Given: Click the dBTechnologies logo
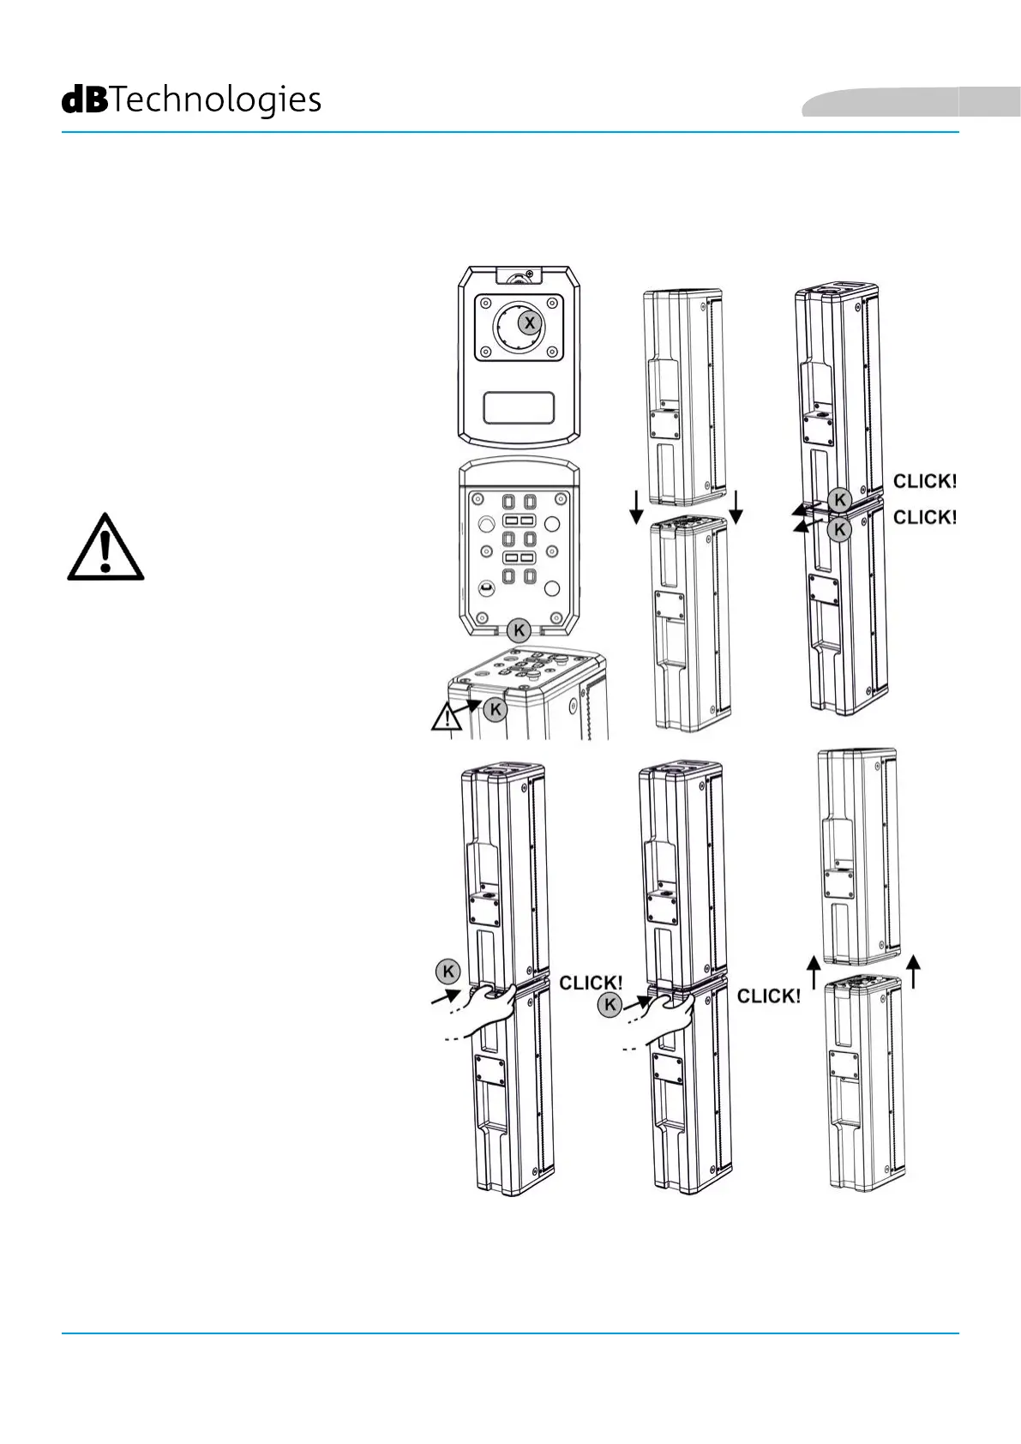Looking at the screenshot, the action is coord(191,101).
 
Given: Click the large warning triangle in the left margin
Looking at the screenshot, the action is coord(105,549).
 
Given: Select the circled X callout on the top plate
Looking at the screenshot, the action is coord(530,323).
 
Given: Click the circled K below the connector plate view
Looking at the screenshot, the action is coord(519,631).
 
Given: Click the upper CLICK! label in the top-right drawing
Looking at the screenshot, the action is coord(924,481).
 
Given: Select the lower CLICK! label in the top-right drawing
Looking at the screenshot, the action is coord(924,517).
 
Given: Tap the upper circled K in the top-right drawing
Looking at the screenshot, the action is coord(840,501).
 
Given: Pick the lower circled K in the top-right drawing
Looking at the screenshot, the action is coord(840,530).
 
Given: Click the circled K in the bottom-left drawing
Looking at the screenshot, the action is coord(447,972).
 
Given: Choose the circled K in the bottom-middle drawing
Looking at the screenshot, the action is coord(610,1005).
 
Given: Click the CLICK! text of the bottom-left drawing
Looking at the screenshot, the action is coord(591,983).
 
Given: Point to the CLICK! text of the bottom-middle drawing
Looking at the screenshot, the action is coord(769,996).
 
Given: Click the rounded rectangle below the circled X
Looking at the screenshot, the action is coord(519,408).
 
